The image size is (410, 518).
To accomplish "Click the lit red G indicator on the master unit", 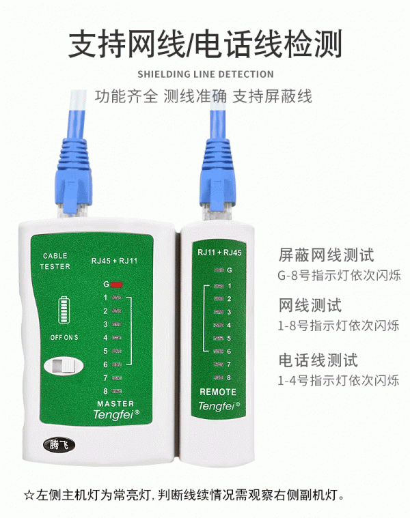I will [x=117, y=284].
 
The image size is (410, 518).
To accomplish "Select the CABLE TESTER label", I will [x=55, y=261].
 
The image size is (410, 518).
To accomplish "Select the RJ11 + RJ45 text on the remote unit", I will [x=219, y=253].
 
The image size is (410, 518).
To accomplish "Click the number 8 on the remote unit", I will [x=229, y=377].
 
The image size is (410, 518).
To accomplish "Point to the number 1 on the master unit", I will [x=105, y=298].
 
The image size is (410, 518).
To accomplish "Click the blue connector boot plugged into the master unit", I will [x=73, y=157].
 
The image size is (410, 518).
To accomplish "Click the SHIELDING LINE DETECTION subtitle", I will [x=205, y=74].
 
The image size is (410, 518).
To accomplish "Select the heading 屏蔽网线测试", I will [x=327, y=256].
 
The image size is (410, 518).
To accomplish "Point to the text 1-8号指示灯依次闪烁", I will [x=339, y=326].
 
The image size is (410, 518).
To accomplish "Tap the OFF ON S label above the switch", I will [x=64, y=337].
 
